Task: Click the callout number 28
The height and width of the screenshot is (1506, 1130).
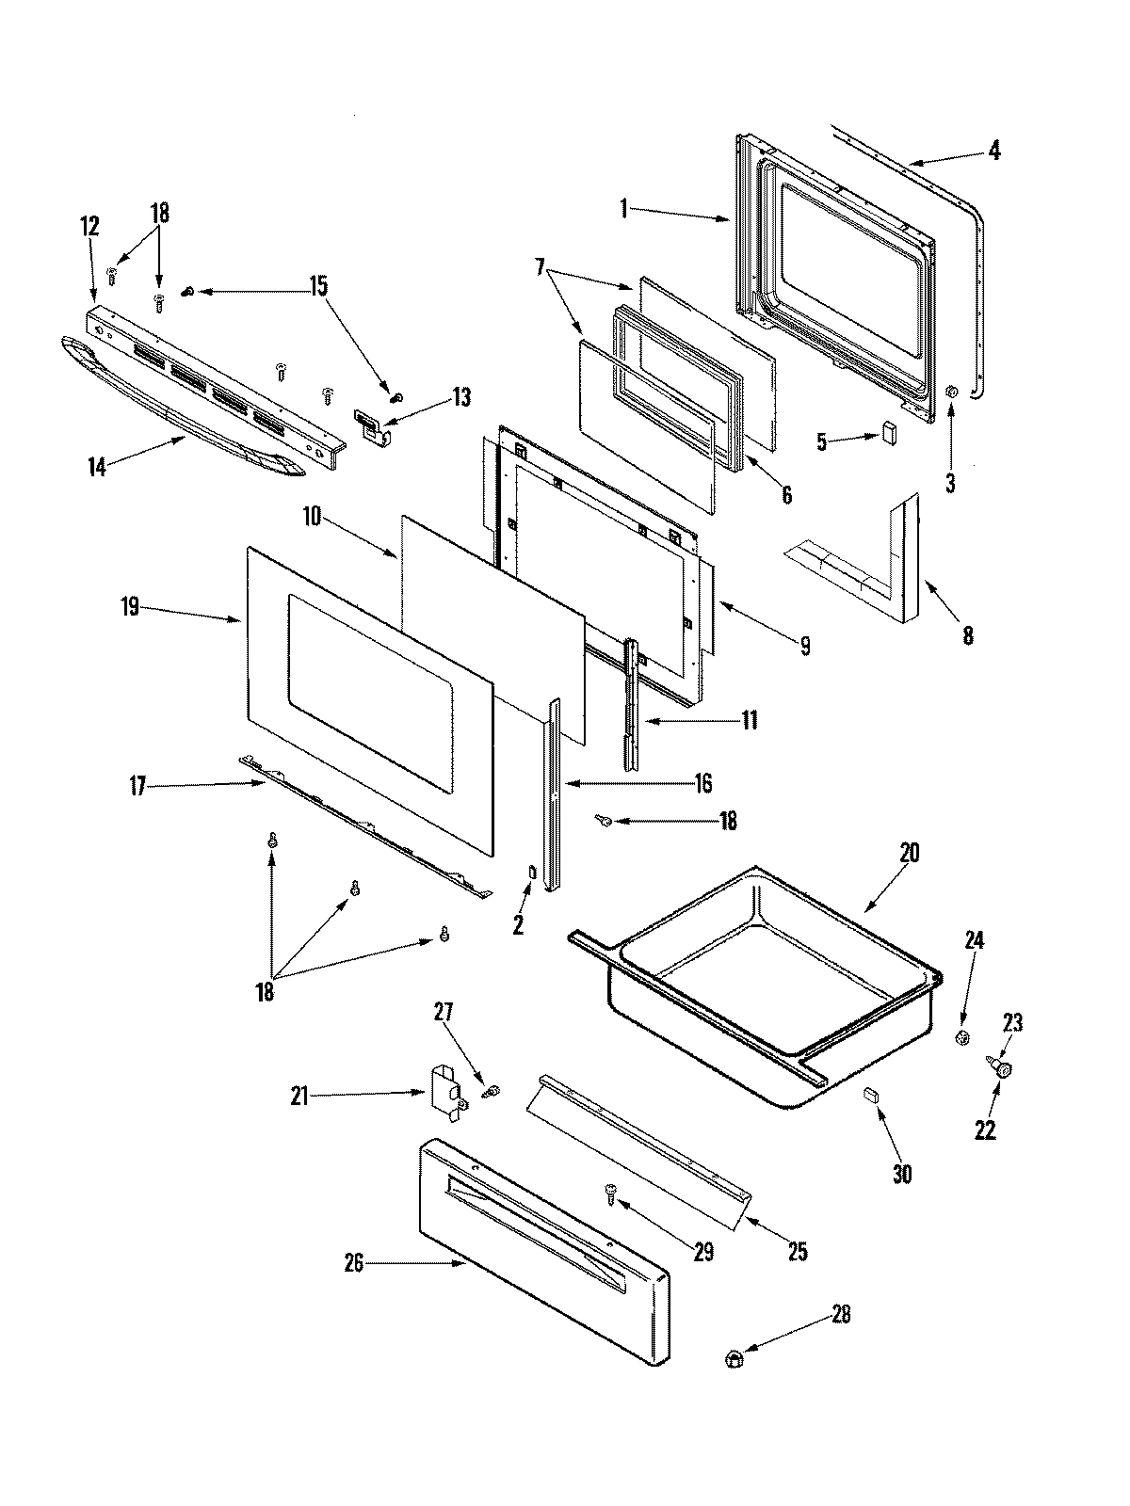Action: [841, 1315]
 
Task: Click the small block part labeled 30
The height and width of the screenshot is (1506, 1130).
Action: [870, 1093]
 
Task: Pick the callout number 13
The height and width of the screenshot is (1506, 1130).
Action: [460, 397]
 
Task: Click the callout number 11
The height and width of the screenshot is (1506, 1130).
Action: [750, 721]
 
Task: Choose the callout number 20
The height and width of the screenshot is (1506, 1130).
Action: [909, 855]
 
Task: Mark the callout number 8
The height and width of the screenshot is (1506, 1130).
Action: [968, 635]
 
